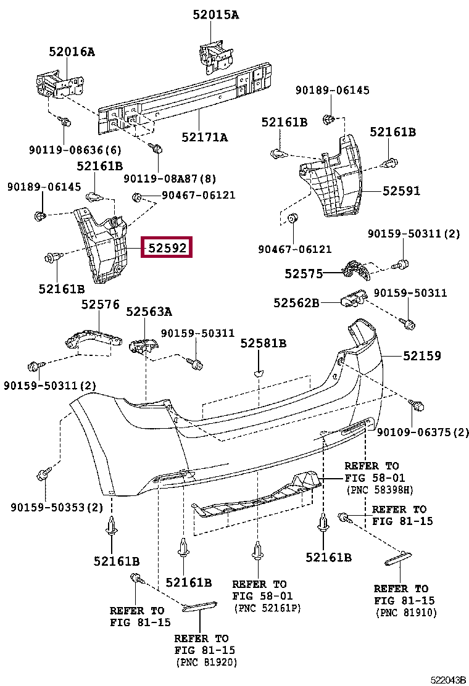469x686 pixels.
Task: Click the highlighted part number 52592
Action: pyautogui.click(x=167, y=248)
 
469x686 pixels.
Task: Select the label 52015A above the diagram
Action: pyautogui.click(x=216, y=15)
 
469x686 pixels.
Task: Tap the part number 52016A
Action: pyautogui.click(x=72, y=52)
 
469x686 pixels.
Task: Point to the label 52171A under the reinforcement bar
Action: pyautogui.click(x=205, y=138)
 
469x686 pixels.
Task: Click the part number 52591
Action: pyautogui.click(x=401, y=191)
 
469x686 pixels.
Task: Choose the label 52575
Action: pyautogui.click(x=304, y=274)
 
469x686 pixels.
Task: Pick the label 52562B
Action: pyautogui.click(x=296, y=303)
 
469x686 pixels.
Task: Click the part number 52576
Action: pyautogui.click(x=100, y=305)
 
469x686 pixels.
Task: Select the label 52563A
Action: pyautogui.click(x=149, y=312)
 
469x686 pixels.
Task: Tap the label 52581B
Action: pyautogui.click(x=264, y=344)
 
